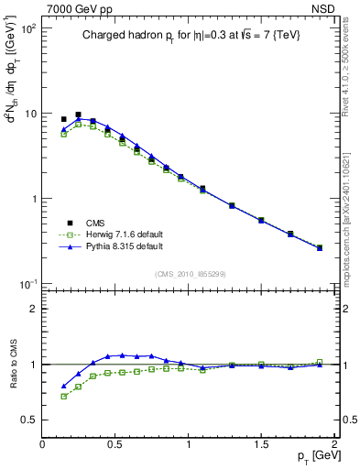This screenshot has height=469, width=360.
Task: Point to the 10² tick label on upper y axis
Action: tap(27, 29)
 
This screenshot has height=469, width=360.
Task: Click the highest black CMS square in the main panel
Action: tap(78, 115)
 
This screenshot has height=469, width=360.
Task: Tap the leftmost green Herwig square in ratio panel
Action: tap(63, 397)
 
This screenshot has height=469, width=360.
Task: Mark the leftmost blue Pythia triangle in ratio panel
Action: tap(63, 386)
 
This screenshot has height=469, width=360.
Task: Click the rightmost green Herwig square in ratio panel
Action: tap(320, 362)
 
